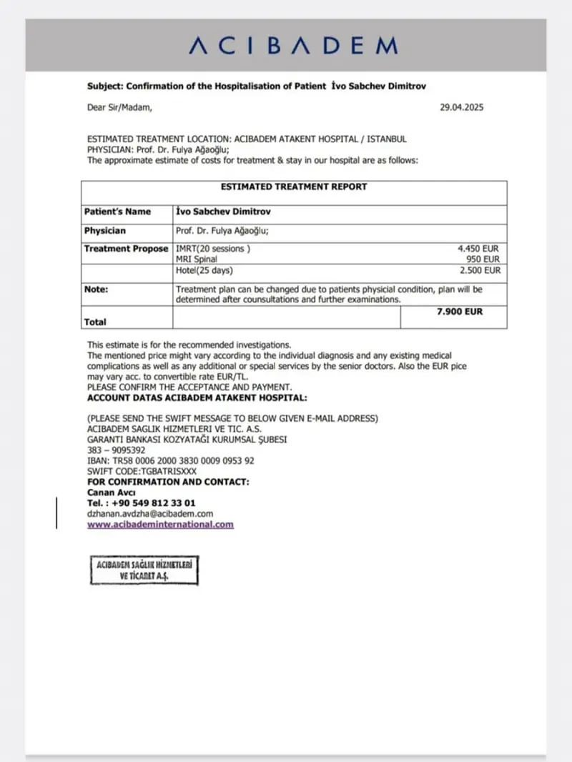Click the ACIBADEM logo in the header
[x=293, y=46]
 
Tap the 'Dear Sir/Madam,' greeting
[x=119, y=108]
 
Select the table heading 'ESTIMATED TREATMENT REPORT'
[x=293, y=187]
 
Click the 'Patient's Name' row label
[x=117, y=212]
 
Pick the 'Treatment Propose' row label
[x=126, y=249]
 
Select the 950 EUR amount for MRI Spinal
[x=483, y=259]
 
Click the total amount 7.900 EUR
[x=460, y=312]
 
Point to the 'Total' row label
[x=95, y=322]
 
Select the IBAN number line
[x=170, y=461]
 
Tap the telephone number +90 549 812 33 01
[x=141, y=503]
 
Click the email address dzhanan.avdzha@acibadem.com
[x=150, y=513]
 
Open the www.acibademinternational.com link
[x=160, y=524]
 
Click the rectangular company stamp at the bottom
[x=144, y=570]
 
